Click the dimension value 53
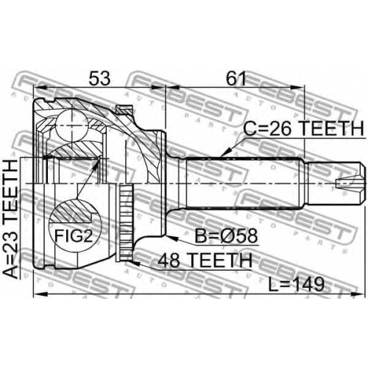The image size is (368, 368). [99, 79]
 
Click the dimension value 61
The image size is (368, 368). [236, 79]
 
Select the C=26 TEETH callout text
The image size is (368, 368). [303, 128]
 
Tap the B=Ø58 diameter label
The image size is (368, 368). [226, 236]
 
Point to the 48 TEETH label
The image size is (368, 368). [205, 261]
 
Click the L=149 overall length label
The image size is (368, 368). [296, 285]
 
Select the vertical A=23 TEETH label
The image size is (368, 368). [11, 219]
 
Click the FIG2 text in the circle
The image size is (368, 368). [74, 236]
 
